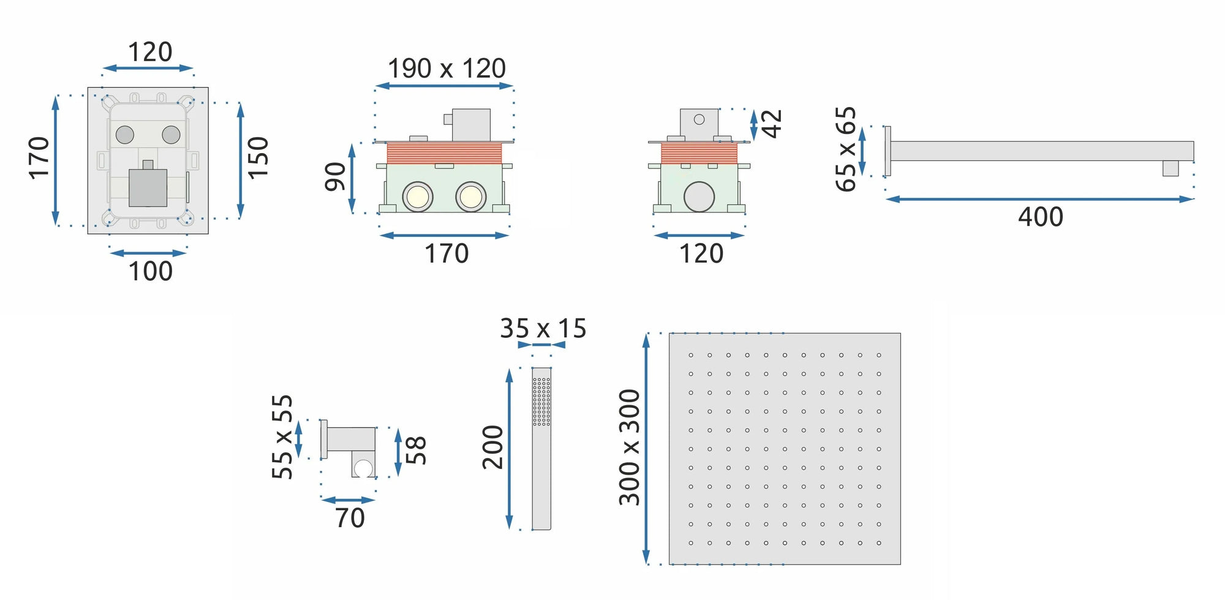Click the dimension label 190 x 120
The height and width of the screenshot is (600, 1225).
coord(447,69)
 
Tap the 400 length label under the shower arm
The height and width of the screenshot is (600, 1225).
coord(1041,217)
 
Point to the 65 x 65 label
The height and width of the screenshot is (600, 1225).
coord(846,149)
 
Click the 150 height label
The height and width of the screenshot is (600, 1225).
coord(258,158)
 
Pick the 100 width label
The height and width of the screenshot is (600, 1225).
coord(151,271)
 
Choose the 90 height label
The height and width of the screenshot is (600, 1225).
coord(335,177)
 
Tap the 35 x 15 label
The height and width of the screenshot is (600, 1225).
coord(543,329)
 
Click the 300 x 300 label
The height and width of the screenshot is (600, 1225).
coord(630,448)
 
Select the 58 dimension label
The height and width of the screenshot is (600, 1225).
coord(416,451)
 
